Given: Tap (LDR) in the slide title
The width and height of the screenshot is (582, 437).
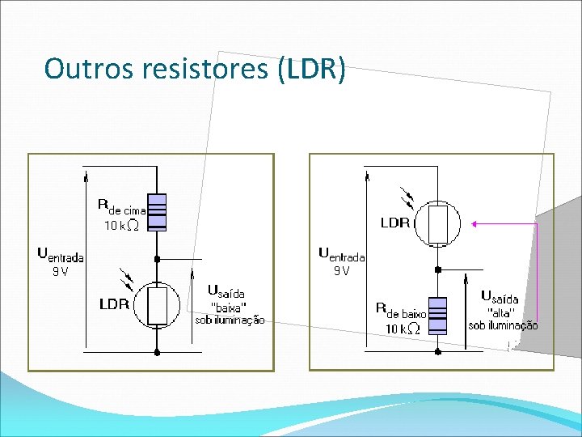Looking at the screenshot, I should [x=311, y=69].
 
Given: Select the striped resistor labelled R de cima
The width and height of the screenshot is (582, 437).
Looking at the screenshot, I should [x=157, y=212].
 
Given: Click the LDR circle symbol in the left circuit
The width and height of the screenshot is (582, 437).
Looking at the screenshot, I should [x=157, y=306].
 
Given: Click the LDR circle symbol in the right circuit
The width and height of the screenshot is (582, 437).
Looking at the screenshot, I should [x=437, y=224].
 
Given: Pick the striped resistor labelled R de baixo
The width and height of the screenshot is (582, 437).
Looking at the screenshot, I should [x=437, y=316].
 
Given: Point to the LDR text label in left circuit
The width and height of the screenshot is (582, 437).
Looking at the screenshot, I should [x=114, y=305].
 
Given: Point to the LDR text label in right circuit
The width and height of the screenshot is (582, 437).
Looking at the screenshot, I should [x=395, y=223].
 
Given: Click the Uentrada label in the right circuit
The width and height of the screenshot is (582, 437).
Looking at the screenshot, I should [x=342, y=254].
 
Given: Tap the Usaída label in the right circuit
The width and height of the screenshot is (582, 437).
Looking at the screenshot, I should [x=500, y=297].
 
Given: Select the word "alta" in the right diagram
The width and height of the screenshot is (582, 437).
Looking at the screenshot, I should [x=502, y=312].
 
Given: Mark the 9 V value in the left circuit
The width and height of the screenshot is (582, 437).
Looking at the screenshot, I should [x=60, y=272].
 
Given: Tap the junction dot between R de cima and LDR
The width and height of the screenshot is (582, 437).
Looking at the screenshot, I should [x=157, y=259].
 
